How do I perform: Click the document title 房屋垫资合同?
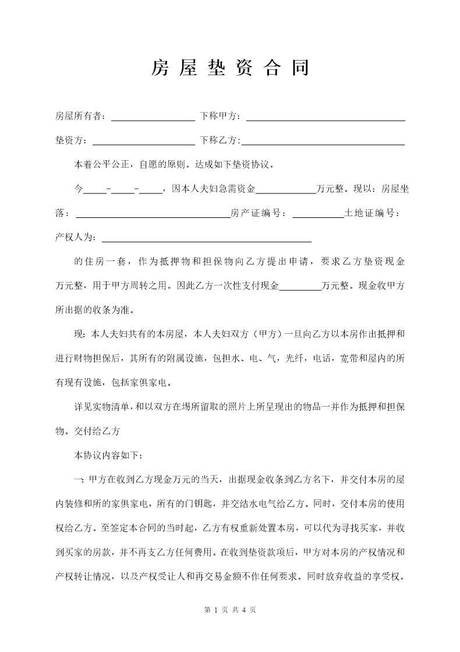(230, 68)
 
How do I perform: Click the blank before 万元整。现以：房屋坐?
(285, 190)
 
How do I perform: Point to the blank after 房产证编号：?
(317, 214)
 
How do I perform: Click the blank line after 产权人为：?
(206, 238)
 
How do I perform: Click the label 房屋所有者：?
(80, 117)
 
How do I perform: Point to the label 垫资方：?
(71, 140)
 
